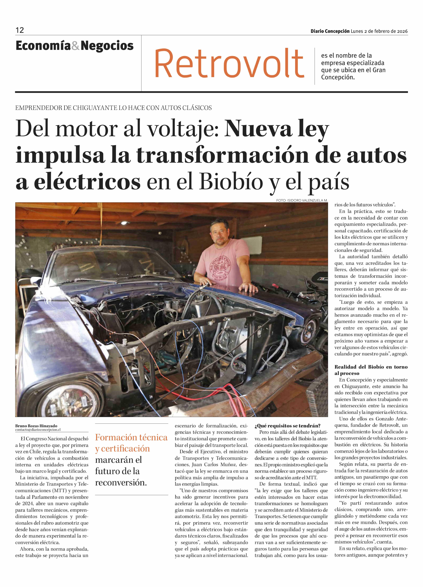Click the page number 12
pyautogui.click(x=20, y=30)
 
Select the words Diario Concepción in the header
pyautogui.click(x=330, y=31)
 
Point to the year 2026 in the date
pyautogui.click(x=402, y=31)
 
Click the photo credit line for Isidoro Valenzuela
pyautogui.click(x=302, y=200)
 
